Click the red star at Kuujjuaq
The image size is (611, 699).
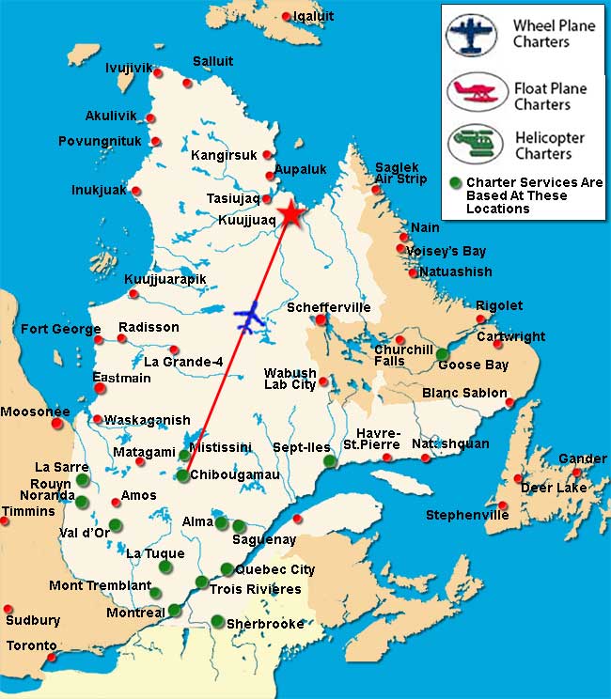click(290, 214)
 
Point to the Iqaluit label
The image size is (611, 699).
click(313, 16)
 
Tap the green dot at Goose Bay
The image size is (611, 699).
click(442, 353)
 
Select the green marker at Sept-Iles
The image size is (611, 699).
click(329, 461)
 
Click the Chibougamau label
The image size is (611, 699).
click(235, 475)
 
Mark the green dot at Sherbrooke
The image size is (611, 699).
click(217, 620)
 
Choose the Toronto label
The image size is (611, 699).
click(31, 646)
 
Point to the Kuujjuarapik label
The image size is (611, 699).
click(165, 280)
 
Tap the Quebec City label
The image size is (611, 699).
click(274, 569)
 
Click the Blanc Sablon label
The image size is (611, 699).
click(464, 393)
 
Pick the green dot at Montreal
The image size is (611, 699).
click(174, 611)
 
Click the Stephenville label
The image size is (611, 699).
click(466, 515)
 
